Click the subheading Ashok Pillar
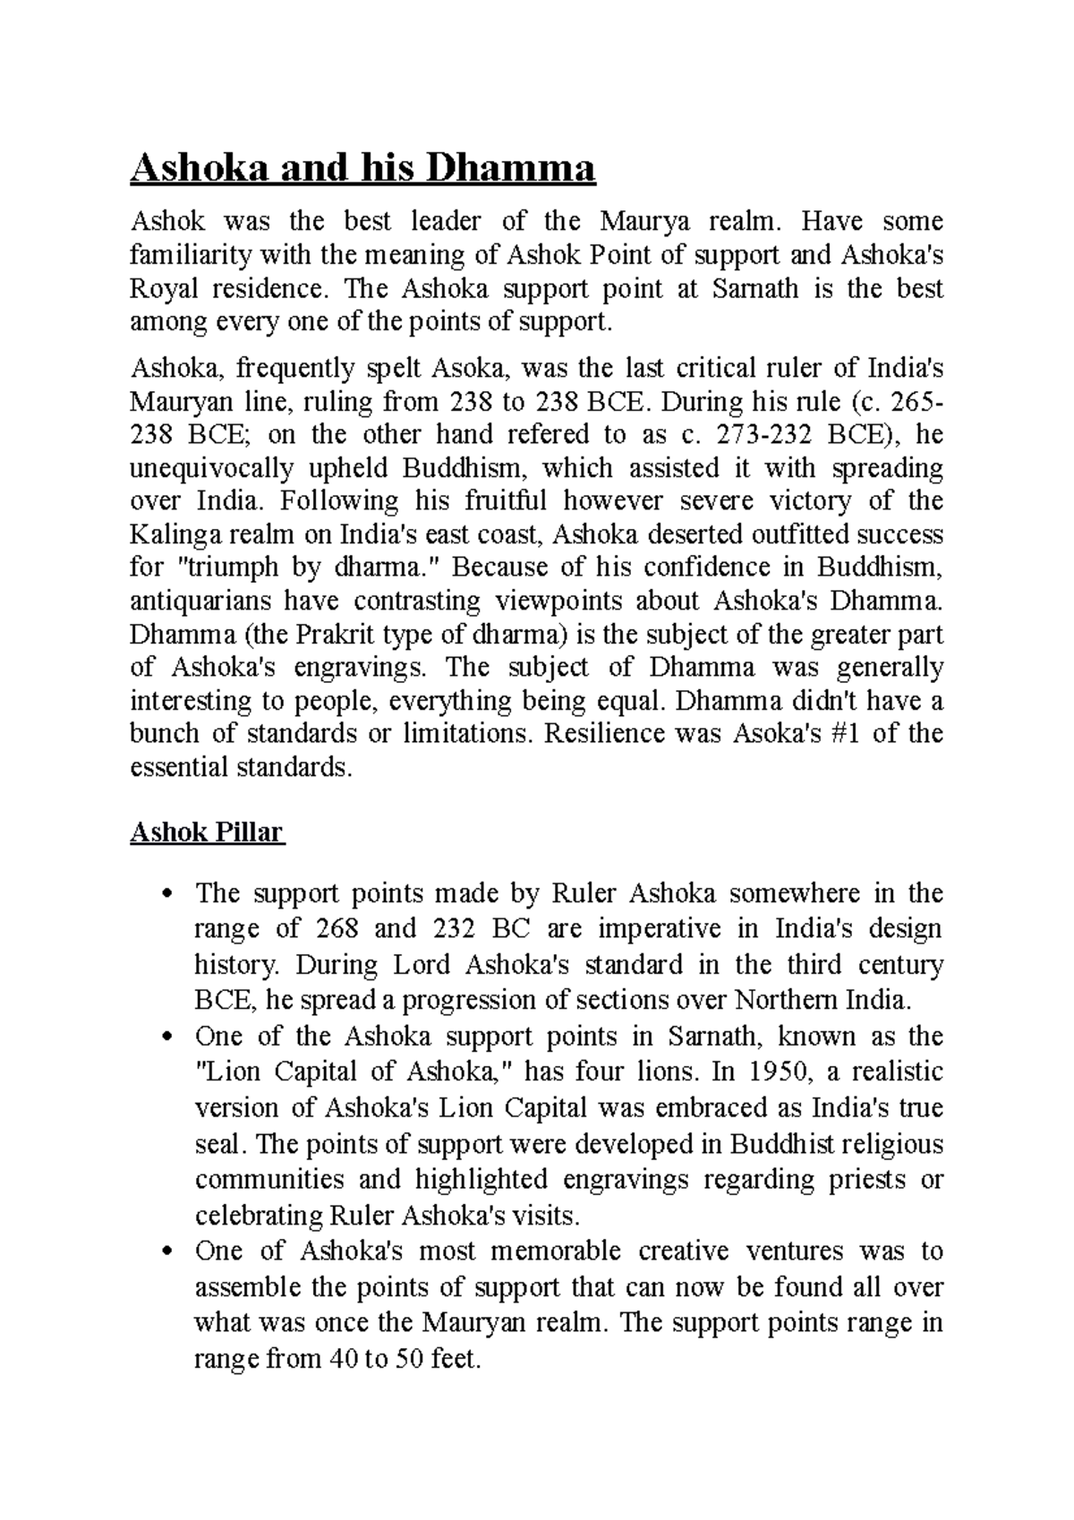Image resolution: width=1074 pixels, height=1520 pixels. point(206,833)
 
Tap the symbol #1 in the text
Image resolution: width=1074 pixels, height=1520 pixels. point(845,734)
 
